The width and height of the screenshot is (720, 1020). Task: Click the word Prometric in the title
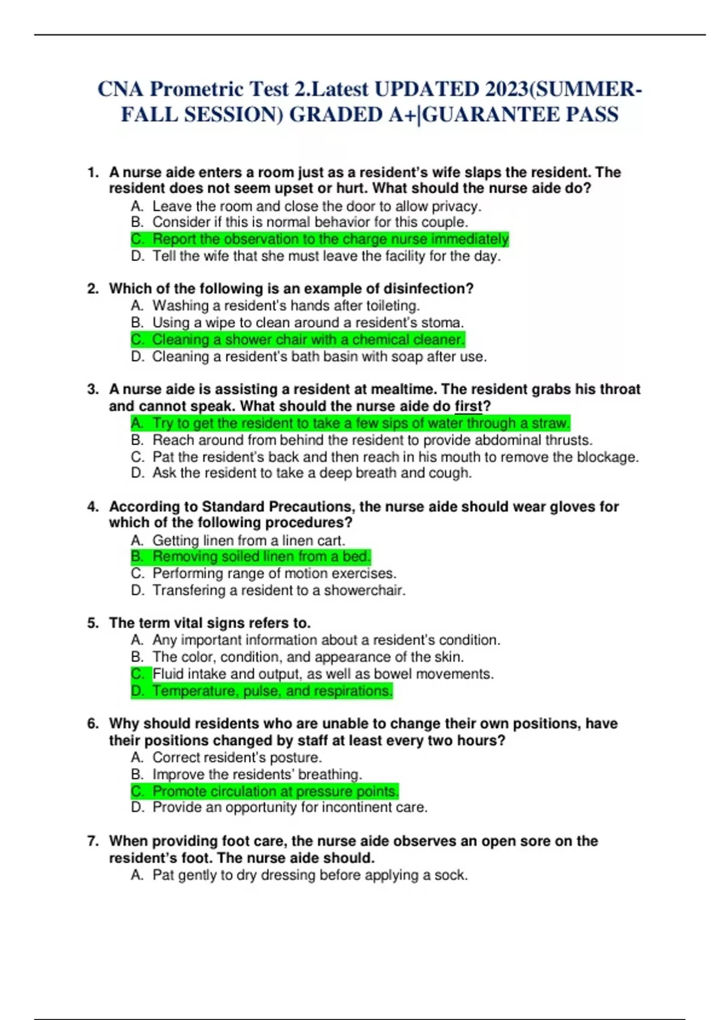pyautogui.click(x=196, y=89)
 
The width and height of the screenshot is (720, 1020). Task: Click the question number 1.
pyautogui.click(x=92, y=173)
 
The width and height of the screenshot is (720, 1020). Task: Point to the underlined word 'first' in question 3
pyautogui.click(x=469, y=406)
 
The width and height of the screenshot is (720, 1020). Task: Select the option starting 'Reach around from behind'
pyautogui.click(x=372, y=440)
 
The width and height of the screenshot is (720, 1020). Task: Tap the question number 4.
pyautogui.click(x=92, y=507)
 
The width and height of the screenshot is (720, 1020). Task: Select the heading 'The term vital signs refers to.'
pyautogui.click(x=210, y=623)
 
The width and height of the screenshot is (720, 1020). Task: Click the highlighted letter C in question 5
pyautogui.click(x=137, y=674)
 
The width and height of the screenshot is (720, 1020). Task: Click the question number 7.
pyautogui.click(x=92, y=841)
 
